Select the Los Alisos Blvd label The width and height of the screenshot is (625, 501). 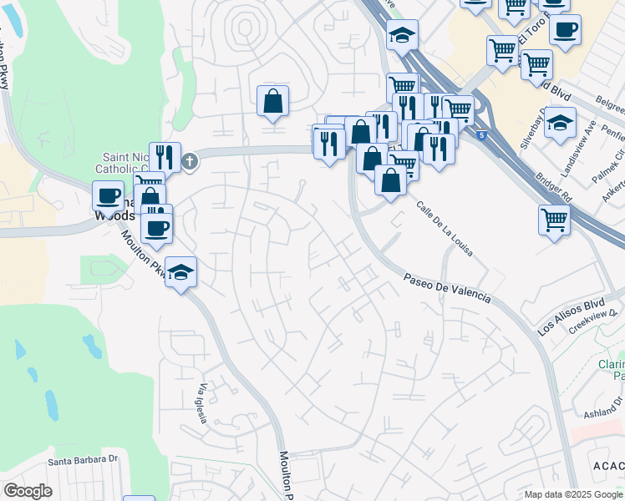coord(571,316)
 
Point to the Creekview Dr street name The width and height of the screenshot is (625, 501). coord(597,321)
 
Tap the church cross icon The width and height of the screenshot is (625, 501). coord(191,161)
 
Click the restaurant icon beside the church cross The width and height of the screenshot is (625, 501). coord(165,156)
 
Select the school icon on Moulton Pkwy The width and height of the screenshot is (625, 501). coord(180,272)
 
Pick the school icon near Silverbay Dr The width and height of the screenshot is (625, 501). coord(560,122)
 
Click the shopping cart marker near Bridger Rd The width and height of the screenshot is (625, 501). coord(555,220)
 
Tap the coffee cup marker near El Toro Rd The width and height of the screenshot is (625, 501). coord(566,30)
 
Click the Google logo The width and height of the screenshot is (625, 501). coord(28,490)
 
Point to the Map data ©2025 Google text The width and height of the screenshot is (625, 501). coord(574,494)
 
